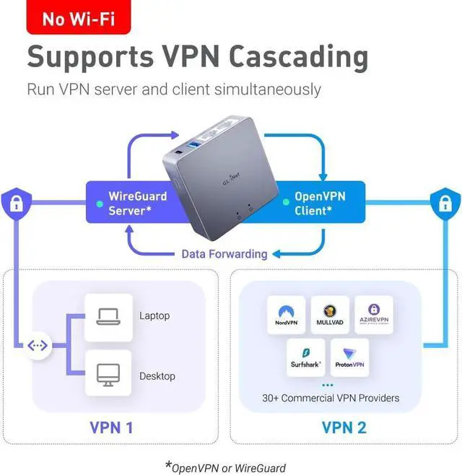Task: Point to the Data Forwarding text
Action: pyautogui.click(x=224, y=253)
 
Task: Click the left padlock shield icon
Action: pyautogui.click(x=15, y=204)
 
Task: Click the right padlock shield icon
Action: pyautogui.click(x=445, y=204)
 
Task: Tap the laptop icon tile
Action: pyautogui.click(x=108, y=316)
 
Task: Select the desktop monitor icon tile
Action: pyautogui.click(x=108, y=372)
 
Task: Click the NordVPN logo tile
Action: pyautogui.click(x=287, y=314)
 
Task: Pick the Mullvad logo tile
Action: pyautogui.click(x=331, y=314)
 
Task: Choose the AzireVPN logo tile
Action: pyautogui.click(x=374, y=314)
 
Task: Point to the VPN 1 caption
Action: pyautogui.click(x=111, y=427)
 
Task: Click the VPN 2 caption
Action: pyautogui.click(x=344, y=427)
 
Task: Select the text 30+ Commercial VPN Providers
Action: pyautogui.click(x=331, y=398)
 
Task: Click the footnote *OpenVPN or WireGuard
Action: pyautogui.click(x=225, y=466)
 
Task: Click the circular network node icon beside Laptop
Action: pyautogui.click(x=38, y=345)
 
